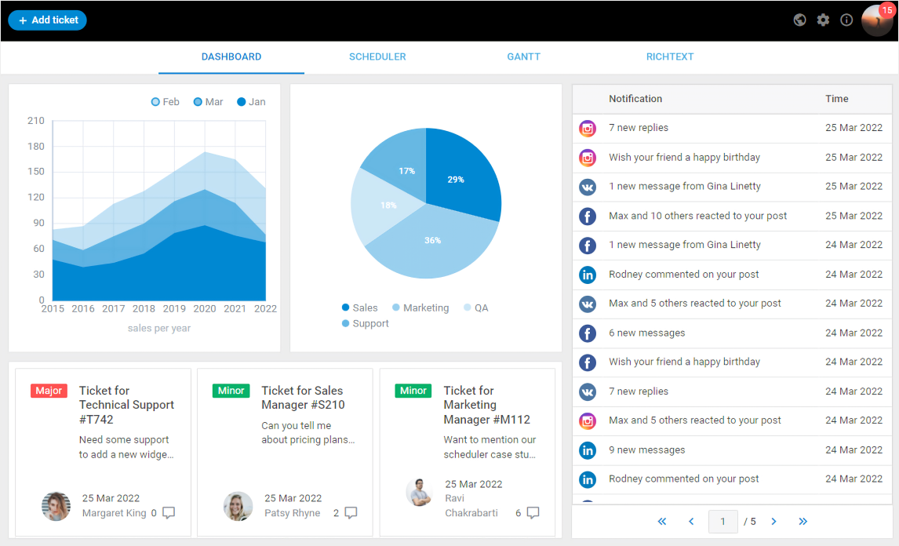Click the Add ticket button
point(47,20)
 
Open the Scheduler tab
point(377,57)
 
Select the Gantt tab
point(523,57)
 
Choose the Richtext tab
point(669,57)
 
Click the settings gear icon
point(823,20)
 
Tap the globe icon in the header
point(799,20)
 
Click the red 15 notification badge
point(886,10)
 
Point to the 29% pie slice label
point(456,180)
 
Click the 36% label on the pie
point(432,241)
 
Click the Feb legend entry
point(166,102)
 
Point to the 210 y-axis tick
point(36,121)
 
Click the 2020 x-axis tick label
point(204,309)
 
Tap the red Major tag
point(49,391)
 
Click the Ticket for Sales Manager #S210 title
point(303,398)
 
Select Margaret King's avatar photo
point(56,506)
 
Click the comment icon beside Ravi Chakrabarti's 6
point(533,513)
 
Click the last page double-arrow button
point(803,522)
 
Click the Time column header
point(836,99)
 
